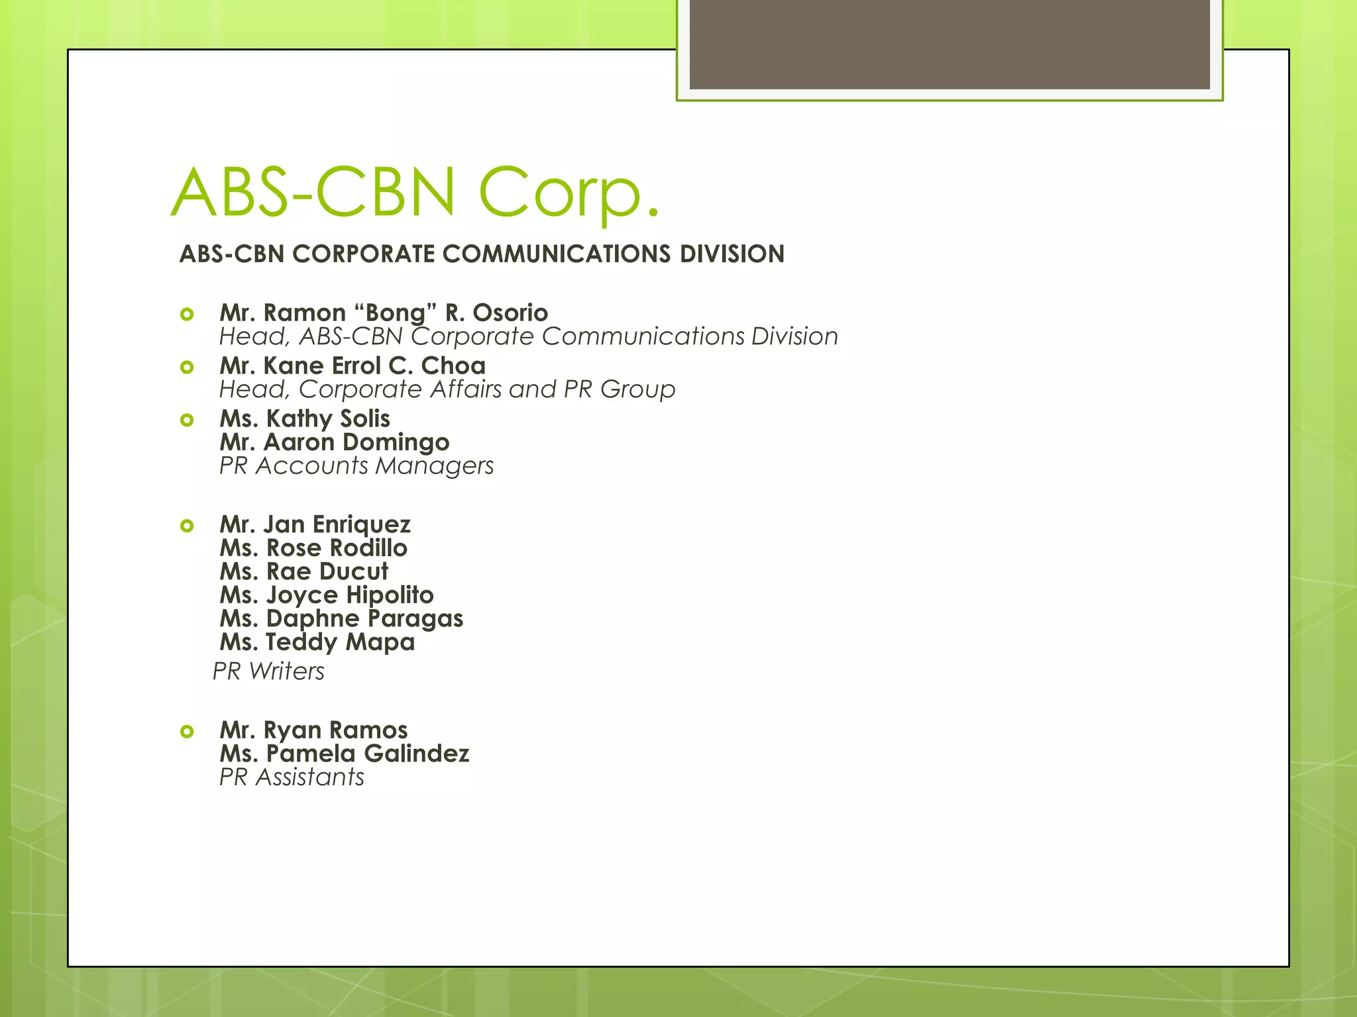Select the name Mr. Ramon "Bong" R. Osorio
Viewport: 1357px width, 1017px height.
click(384, 313)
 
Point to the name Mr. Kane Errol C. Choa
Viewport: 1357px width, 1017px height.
click(353, 365)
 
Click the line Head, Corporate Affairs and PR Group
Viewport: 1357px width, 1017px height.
click(447, 389)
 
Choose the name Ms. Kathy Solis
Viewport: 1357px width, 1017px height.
click(305, 418)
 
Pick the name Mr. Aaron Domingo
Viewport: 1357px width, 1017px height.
click(335, 442)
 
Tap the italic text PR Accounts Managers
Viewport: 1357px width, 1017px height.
click(356, 466)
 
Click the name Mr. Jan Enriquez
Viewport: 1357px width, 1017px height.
click(315, 524)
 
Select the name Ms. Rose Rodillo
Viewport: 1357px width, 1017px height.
click(313, 548)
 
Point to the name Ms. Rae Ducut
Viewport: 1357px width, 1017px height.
click(304, 571)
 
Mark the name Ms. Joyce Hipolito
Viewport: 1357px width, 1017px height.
click(327, 595)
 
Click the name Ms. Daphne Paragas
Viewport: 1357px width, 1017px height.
click(341, 618)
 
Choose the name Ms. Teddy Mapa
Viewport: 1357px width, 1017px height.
click(317, 642)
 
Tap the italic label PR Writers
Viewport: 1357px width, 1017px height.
click(268, 671)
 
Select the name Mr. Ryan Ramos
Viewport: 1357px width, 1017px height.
click(313, 730)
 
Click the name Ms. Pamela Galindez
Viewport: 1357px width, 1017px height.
click(345, 753)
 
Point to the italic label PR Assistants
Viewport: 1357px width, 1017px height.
click(292, 777)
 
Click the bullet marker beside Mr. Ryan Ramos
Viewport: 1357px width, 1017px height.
click(187, 732)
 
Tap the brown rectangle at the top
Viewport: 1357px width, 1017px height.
click(949, 44)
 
